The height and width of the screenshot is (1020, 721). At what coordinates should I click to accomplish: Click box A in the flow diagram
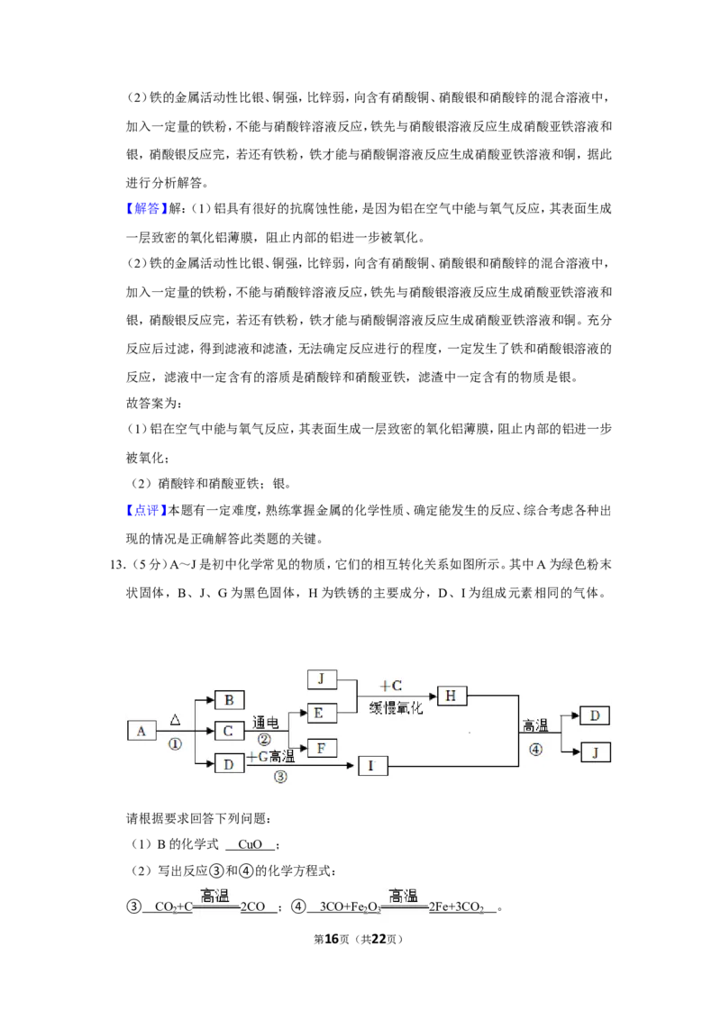(141, 731)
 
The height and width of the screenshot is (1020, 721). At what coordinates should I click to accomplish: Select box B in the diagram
(229, 700)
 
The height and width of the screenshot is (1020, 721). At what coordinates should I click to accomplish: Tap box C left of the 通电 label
(228, 731)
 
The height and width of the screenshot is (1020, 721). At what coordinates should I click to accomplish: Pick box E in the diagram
(322, 713)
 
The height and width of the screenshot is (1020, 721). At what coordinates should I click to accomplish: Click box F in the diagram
(322, 748)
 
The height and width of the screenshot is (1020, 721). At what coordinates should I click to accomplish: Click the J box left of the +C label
(322, 679)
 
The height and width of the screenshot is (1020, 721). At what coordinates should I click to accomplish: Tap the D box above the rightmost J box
(595, 715)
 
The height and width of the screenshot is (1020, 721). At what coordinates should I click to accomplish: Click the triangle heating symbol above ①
(175, 719)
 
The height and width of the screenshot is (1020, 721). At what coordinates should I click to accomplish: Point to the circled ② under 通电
(264, 739)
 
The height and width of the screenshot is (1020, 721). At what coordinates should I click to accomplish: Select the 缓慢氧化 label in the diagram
(396, 707)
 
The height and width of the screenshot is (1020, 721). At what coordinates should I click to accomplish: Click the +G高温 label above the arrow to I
(270, 756)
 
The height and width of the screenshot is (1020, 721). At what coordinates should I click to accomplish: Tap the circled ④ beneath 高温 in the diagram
(535, 750)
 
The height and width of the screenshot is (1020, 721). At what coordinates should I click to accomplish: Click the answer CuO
(250, 844)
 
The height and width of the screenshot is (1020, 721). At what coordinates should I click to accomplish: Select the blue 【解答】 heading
(144, 208)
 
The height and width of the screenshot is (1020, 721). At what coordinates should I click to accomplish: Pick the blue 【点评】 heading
(144, 510)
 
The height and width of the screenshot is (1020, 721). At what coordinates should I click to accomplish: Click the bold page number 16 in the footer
(332, 939)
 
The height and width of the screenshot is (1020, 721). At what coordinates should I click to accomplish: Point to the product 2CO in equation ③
(253, 906)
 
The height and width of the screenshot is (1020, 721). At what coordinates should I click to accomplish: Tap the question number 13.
(117, 565)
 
